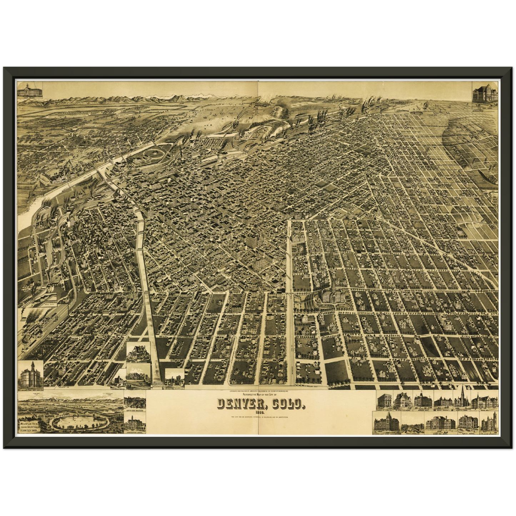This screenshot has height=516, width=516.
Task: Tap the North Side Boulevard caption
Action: [x=135, y=411]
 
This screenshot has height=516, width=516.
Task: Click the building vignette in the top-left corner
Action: [x=30, y=90]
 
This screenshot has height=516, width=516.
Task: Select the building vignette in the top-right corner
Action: [x=485, y=94]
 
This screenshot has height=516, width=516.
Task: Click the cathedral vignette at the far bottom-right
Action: [x=489, y=422]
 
